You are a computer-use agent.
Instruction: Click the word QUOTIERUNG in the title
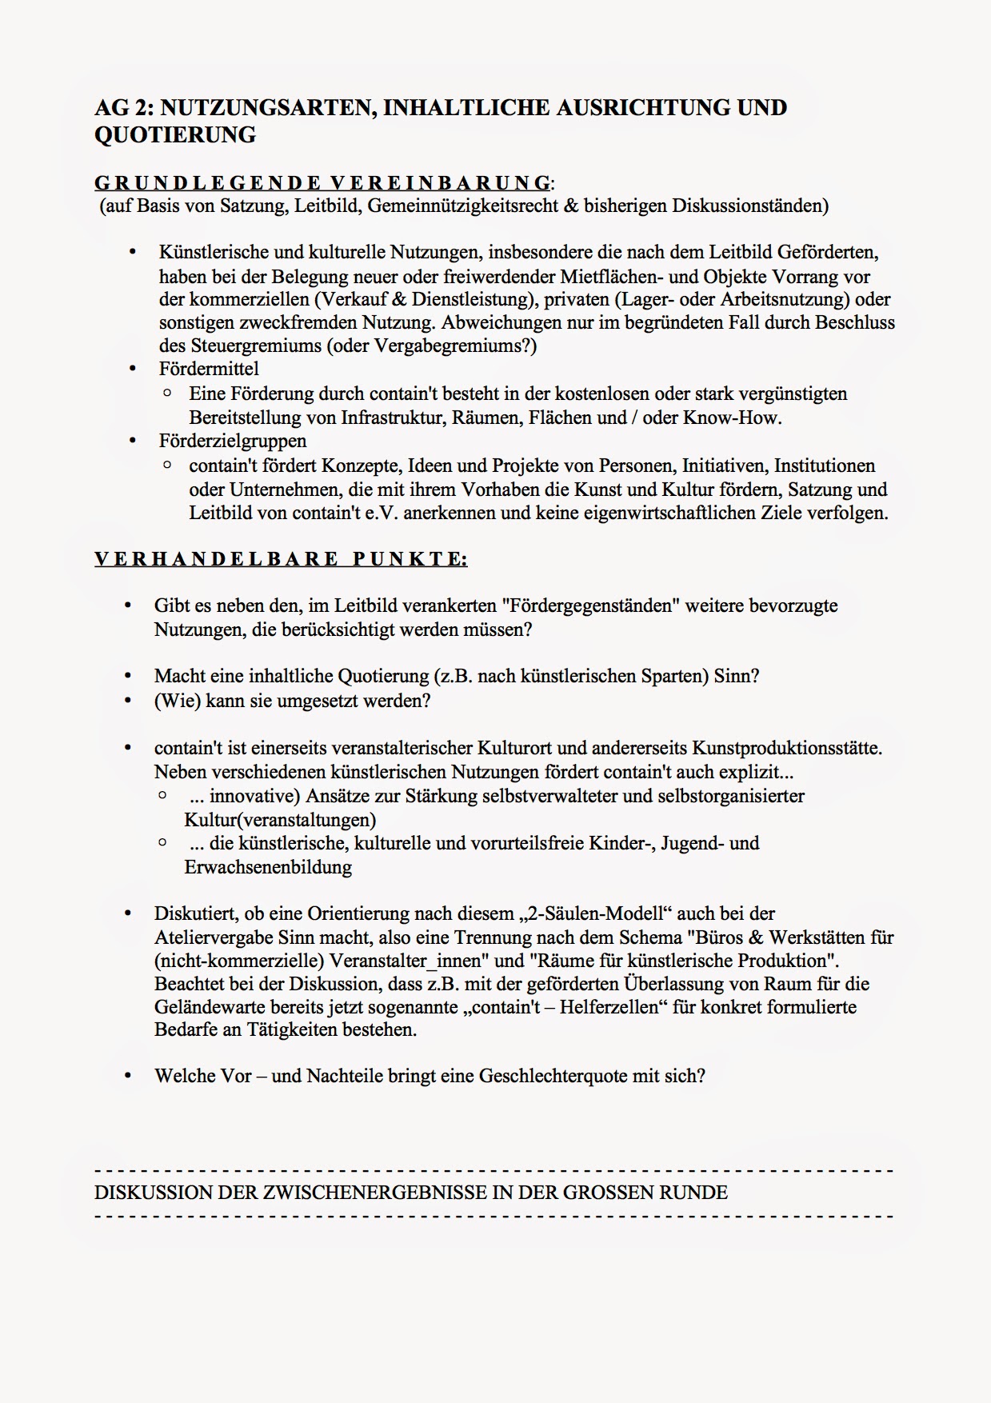[x=175, y=135]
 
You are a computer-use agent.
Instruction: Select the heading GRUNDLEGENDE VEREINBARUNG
[x=322, y=182]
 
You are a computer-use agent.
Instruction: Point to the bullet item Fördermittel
[x=209, y=369]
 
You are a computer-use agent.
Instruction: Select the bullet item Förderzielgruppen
[x=232, y=441]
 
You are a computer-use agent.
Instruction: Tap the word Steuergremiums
[x=254, y=346]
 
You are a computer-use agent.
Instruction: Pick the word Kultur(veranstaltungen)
[x=280, y=820]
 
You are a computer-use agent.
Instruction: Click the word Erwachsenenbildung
[x=268, y=867]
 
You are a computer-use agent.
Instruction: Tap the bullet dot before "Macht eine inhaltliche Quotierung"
[x=127, y=677]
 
